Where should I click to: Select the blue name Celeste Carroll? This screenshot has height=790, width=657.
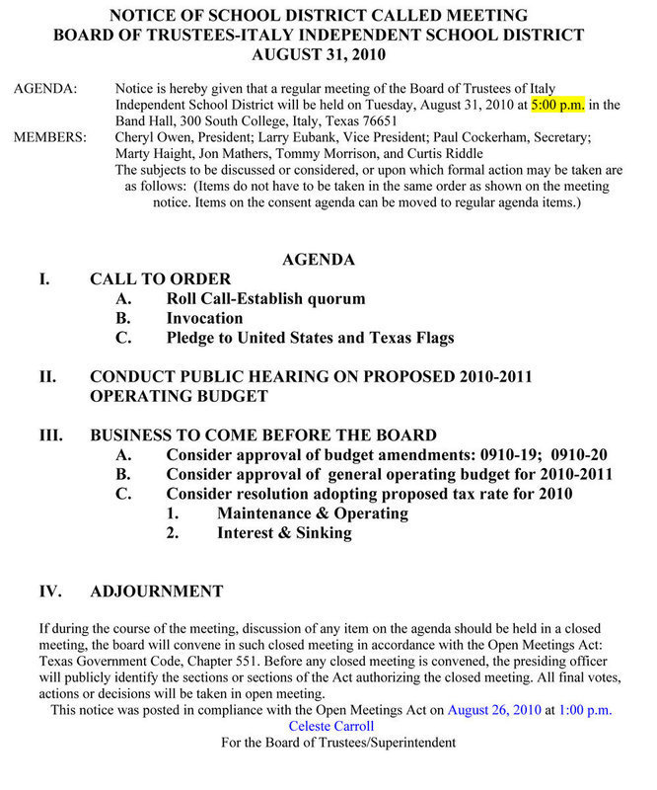click(x=330, y=726)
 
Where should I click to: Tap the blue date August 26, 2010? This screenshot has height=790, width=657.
click(x=495, y=710)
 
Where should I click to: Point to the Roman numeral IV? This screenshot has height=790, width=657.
click(x=50, y=592)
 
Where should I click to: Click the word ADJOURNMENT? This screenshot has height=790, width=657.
click(x=156, y=592)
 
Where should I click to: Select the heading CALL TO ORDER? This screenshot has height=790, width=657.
click(x=160, y=278)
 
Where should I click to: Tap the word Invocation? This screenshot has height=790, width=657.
click(x=204, y=318)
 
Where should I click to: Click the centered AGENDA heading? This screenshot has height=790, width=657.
click(x=319, y=260)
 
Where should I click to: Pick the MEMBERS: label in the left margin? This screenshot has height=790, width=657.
click(x=49, y=136)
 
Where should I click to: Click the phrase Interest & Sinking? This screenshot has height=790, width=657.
click(x=284, y=533)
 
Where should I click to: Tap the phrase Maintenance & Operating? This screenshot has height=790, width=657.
click(x=313, y=513)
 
